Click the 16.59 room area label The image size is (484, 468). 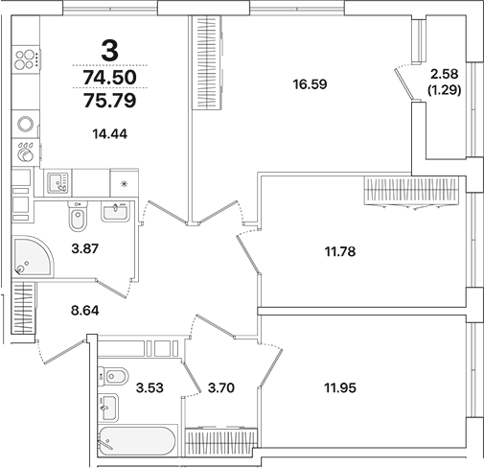point(311,83)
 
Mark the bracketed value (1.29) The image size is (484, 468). point(444,91)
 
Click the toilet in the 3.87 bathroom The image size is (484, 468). point(79,220)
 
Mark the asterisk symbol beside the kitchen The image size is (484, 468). point(124,185)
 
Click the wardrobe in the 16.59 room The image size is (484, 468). point(204,63)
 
